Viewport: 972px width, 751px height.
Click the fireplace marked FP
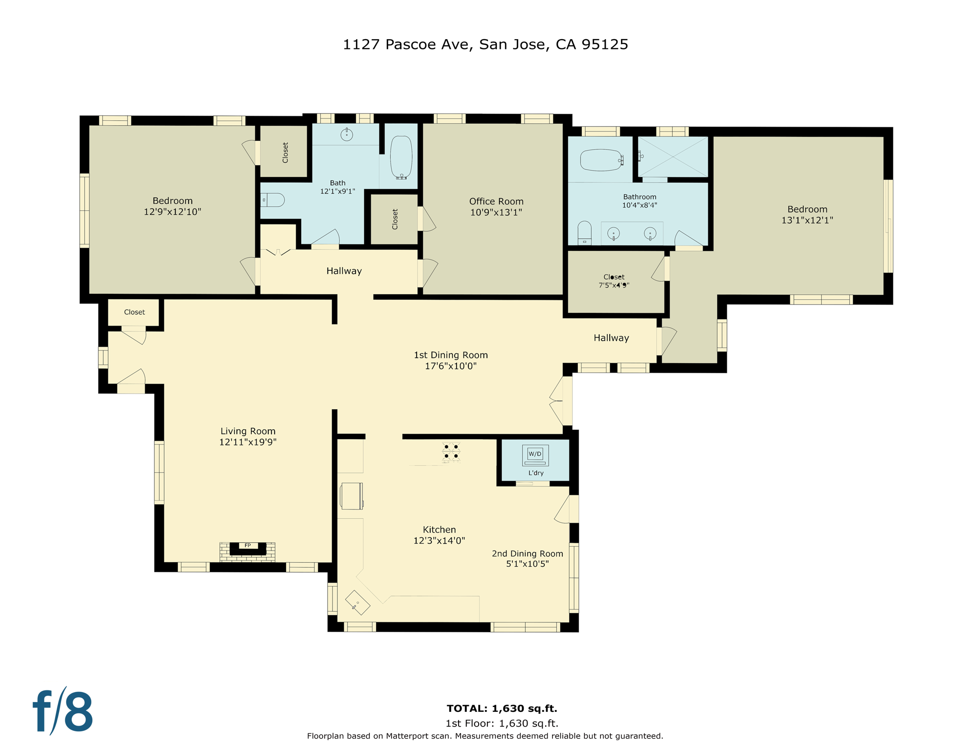(x=247, y=549)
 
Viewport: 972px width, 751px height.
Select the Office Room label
(x=496, y=201)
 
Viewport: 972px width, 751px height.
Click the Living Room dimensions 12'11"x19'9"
(x=247, y=442)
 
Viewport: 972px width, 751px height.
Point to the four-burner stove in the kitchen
(x=451, y=452)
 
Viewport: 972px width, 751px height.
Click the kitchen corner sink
(x=357, y=602)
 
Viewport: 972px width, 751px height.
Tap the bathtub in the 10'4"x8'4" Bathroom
(x=601, y=160)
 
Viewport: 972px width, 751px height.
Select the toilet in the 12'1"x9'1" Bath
(x=273, y=200)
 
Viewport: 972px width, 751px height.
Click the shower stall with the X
(x=673, y=156)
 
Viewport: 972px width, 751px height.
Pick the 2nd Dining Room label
(x=527, y=553)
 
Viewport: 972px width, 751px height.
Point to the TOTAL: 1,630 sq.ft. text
(x=502, y=708)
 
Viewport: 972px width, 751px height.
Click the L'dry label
(x=536, y=473)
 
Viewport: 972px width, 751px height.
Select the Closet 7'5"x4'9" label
(x=614, y=281)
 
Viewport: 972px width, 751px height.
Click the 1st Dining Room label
(x=450, y=355)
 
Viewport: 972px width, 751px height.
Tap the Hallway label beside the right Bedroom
(x=611, y=338)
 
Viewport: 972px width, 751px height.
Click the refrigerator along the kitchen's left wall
(x=351, y=496)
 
